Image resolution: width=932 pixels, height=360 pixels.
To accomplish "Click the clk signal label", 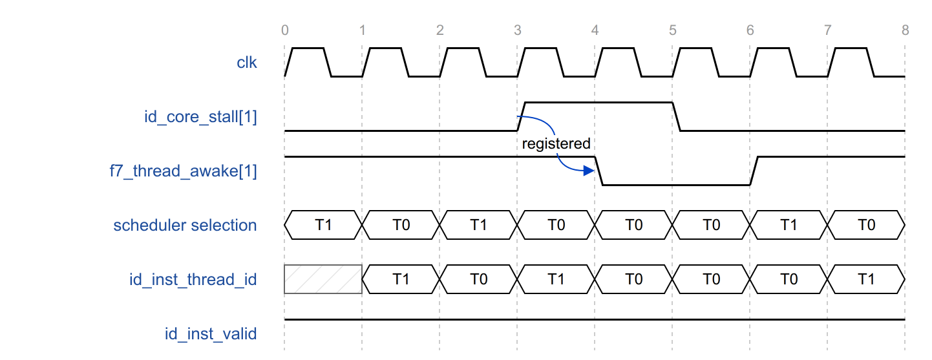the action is pyautogui.click(x=247, y=63).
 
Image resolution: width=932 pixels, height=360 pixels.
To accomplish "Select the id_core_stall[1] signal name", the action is pyautogui.click(x=200, y=117).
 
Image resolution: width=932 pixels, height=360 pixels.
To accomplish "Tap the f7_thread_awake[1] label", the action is pyautogui.click(x=184, y=171).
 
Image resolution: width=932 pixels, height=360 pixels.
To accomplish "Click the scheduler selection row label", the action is pyautogui.click(x=185, y=225).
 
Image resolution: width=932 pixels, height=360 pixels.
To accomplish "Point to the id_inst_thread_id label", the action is pyautogui.click(x=193, y=279).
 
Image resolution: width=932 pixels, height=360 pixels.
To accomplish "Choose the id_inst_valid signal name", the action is pyautogui.click(x=211, y=334).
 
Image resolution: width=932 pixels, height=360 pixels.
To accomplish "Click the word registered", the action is pyautogui.click(x=556, y=143).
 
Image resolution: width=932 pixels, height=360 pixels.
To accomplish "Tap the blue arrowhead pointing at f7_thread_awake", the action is pyautogui.click(x=589, y=171).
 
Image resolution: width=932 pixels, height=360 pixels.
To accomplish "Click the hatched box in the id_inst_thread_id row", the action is pyautogui.click(x=323, y=279).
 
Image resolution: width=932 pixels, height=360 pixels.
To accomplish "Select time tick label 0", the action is pyautogui.click(x=284, y=30).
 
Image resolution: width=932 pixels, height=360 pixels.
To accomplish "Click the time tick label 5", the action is pyautogui.click(x=672, y=30).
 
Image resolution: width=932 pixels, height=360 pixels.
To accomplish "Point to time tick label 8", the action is pyautogui.click(x=906, y=30).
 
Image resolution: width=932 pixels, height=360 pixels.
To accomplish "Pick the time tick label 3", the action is pyautogui.click(x=517, y=30).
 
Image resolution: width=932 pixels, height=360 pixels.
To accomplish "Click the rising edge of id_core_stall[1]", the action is pyautogui.click(x=522, y=116).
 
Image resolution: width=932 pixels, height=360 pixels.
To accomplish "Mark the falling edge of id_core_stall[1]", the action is pyautogui.click(x=677, y=116).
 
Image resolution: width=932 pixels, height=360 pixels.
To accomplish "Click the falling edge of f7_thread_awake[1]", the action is pyautogui.click(x=598, y=171).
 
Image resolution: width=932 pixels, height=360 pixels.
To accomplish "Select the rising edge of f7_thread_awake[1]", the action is pyautogui.click(x=754, y=171).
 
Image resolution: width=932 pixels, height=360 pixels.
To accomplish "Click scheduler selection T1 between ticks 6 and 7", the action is pyautogui.click(x=789, y=225).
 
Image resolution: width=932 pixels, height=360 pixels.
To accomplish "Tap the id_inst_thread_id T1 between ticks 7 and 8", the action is pyautogui.click(x=866, y=279).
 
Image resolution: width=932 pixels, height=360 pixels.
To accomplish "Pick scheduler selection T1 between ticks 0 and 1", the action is pyautogui.click(x=323, y=225).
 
